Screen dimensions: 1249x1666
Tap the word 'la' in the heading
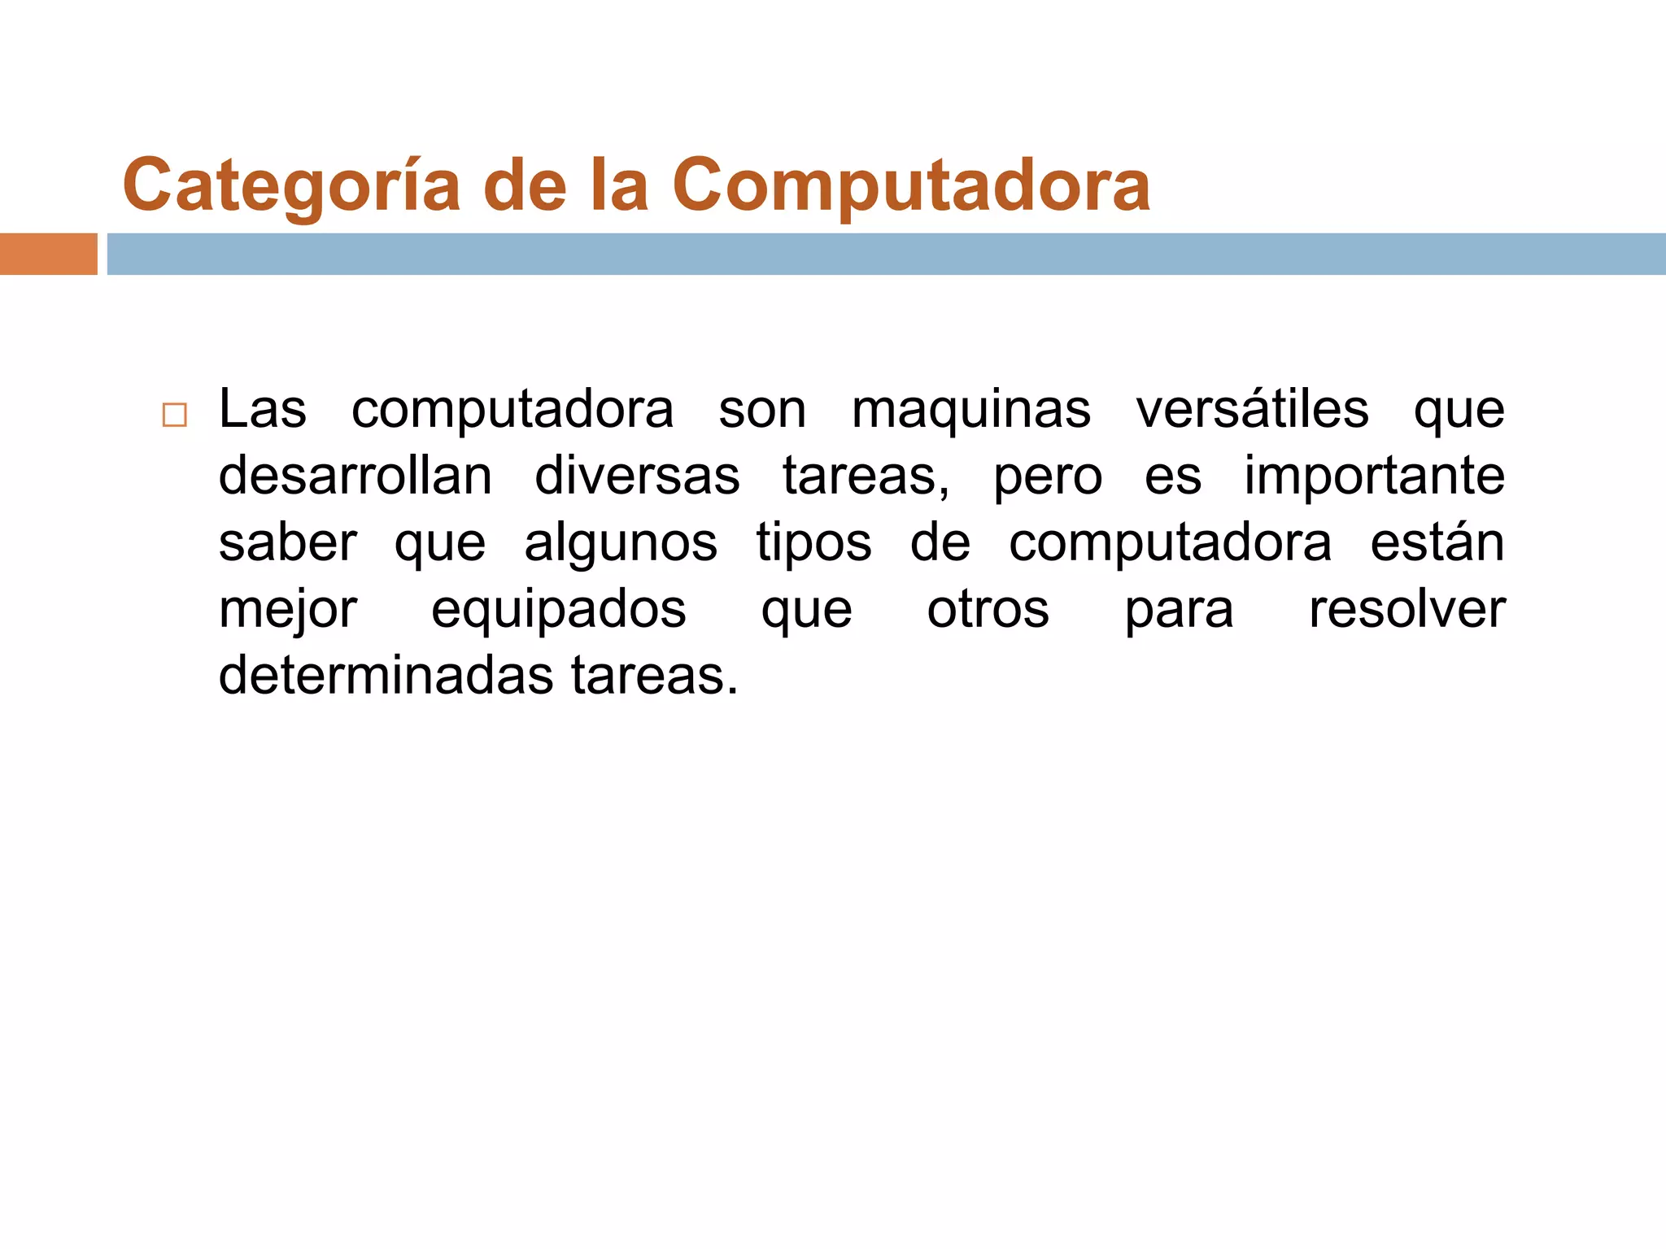[618, 185]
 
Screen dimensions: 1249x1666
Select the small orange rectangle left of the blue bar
[48, 254]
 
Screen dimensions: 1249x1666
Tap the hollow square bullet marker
[174, 415]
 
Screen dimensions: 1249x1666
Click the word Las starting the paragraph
[263, 409]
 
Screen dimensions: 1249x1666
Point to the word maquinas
[970, 409]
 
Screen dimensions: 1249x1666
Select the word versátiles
[1252, 409]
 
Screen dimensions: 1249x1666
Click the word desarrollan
[355, 476]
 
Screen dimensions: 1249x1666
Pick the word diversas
[637, 476]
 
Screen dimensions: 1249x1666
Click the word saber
[288, 542]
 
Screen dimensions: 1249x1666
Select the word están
[1437, 542]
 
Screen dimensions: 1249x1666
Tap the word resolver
[1407, 609]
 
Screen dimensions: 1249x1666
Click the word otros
[988, 609]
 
